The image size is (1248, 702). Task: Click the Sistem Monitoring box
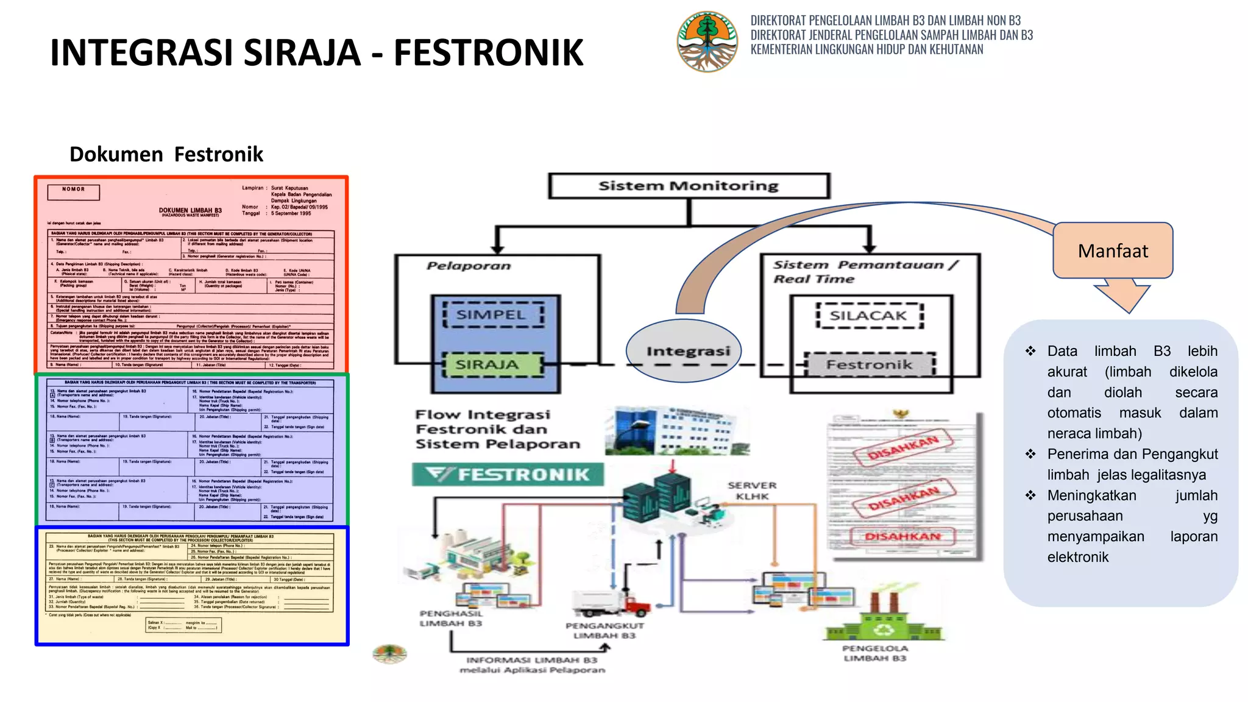689,186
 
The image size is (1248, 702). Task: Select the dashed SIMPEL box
493,315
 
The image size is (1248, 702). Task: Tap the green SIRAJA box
492,364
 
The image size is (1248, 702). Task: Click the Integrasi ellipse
684,351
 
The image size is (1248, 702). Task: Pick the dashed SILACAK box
868,316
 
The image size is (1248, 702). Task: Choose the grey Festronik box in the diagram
870,364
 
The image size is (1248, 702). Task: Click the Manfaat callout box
1113,250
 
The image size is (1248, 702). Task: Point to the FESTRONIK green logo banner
508,474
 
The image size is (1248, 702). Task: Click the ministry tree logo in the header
707,41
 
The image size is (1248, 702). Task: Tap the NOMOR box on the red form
73,192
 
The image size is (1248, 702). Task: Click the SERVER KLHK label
752,491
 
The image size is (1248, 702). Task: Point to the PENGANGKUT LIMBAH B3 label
604,630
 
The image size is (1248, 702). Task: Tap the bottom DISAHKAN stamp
903,536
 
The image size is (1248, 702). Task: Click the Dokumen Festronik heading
166,154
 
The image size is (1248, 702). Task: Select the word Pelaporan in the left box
469,266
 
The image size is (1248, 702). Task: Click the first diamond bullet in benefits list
1030,351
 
